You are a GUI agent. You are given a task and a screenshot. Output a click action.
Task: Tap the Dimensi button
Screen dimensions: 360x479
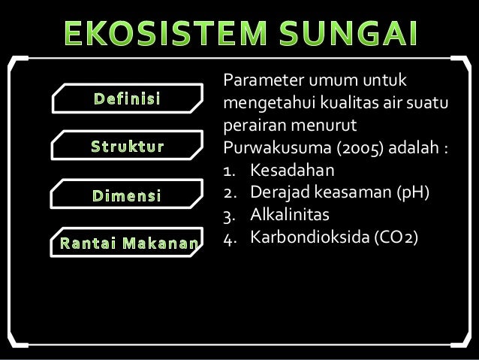pyautogui.click(x=128, y=196)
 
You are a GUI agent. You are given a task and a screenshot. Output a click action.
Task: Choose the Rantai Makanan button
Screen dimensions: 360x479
pyautogui.click(x=125, y=243)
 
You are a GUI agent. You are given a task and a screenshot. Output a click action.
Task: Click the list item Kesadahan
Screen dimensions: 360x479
pyautogui.click(x=293, y=164)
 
